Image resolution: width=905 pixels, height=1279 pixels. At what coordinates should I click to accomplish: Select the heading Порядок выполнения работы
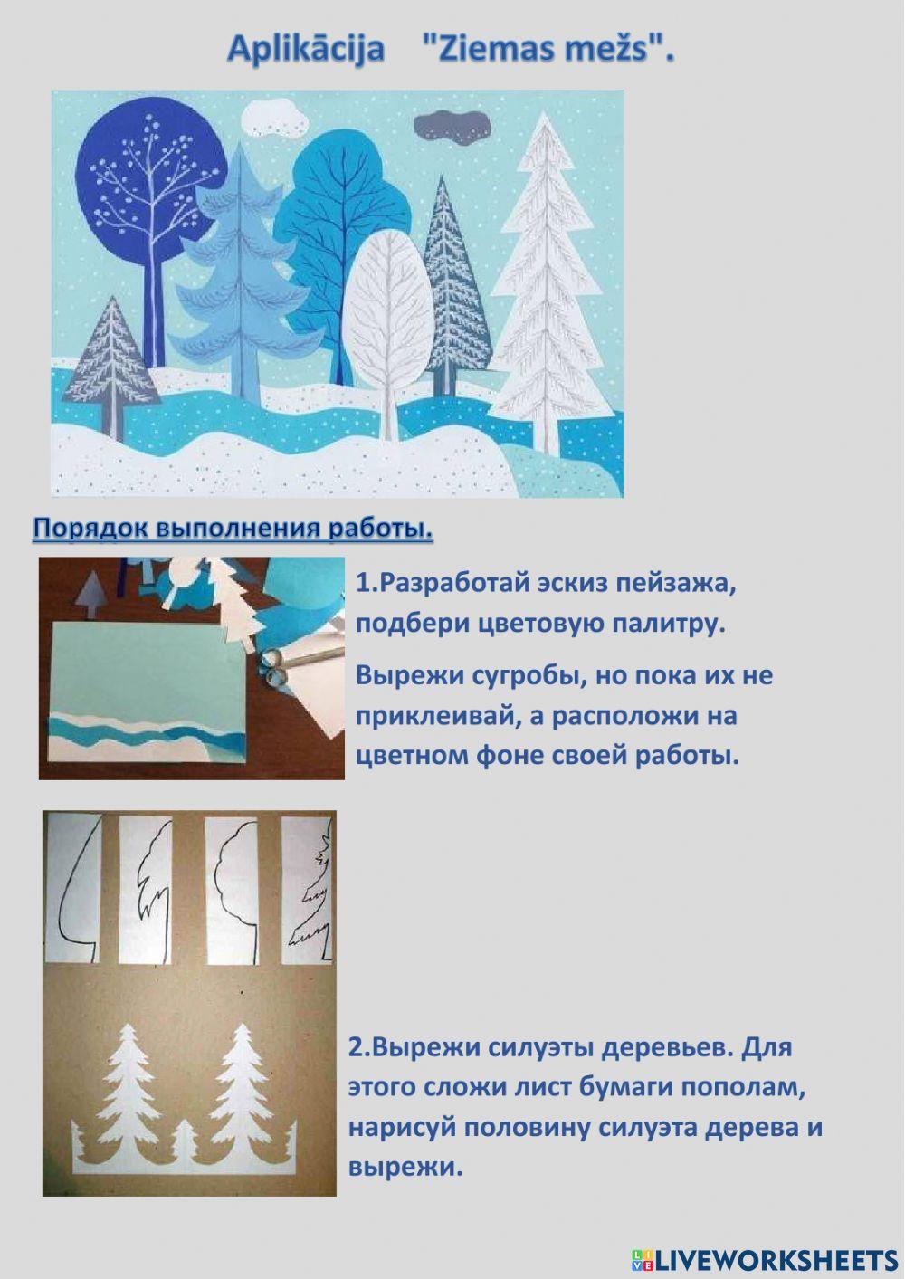click(233, 529)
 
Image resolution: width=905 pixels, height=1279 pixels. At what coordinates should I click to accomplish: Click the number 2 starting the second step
click(356, 1047)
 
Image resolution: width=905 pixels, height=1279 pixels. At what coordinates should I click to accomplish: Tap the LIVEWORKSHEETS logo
click(765, 1259)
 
